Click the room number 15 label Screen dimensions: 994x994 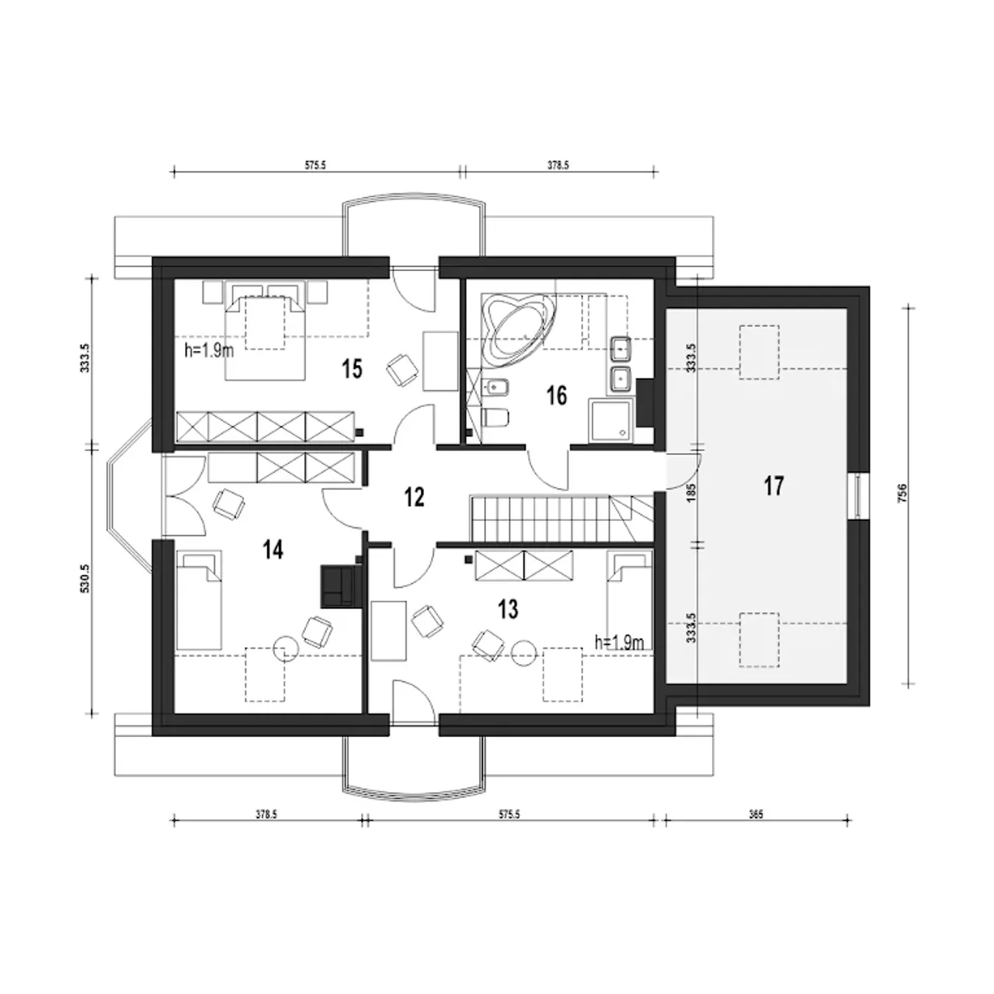click(x=353, y=369)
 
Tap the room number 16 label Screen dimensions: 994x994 click(x=557, y=395)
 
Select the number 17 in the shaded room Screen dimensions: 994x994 click(x=773, y=486)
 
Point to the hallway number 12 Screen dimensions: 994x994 click(x=414, y=497)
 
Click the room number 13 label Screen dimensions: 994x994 click(x=508, y=609)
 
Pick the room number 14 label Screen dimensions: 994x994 click(x=273, y=550)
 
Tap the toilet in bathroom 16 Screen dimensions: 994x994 click(x=495, y=416)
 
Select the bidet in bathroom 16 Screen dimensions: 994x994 click(x=495, y=386)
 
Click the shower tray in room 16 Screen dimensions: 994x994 click(x=610, y=420)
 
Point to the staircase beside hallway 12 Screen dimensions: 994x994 click(x=561, y=519)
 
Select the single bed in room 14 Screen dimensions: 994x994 click(x=199, y=600)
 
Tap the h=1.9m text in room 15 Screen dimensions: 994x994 click(x=209, y=350)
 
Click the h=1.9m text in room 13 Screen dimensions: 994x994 click(x=620, y=643)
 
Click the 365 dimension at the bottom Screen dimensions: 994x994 click(x=755, y=815)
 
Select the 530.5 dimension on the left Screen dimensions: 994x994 click(x=85, y=579)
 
